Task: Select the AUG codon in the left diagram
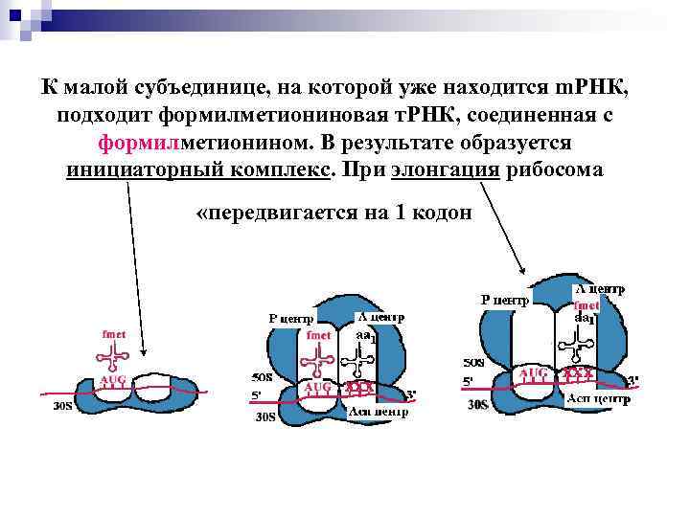[x=112, y=380]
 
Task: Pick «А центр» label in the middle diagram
[x=379, y=317]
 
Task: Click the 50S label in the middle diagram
[x=261, y=376]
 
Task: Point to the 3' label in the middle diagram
[x=411, y=393]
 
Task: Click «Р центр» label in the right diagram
[x=504, y=300]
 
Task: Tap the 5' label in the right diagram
[x=469, y=380]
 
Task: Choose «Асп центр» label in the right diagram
[x=600, y=398]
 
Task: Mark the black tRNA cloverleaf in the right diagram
[x=584, y=341]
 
